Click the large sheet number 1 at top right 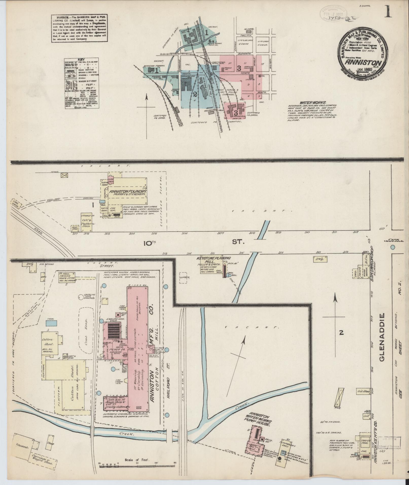click(x=388, y=11)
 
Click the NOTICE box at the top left click(x=79, y=28)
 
